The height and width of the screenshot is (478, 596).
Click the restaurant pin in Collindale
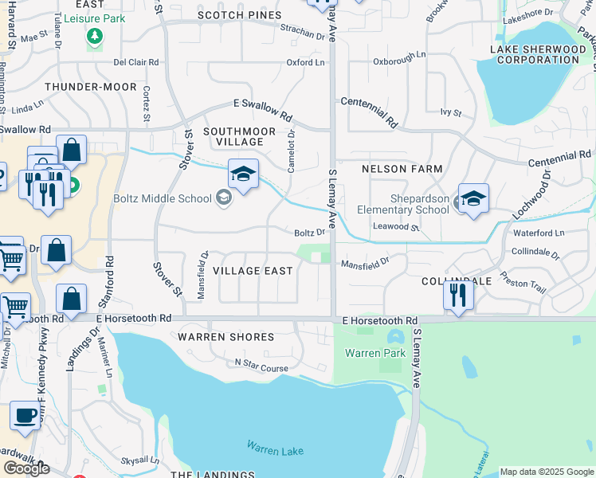458,295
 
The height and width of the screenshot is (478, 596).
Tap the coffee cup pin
25,415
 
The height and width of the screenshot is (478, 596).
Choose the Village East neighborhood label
253,271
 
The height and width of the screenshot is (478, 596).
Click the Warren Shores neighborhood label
225,337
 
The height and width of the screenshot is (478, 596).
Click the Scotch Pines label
239,15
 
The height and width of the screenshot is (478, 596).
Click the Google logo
26,468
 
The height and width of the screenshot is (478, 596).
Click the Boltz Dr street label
310,233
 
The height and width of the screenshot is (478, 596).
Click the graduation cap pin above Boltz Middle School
243,173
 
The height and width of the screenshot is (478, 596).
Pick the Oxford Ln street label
306,62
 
